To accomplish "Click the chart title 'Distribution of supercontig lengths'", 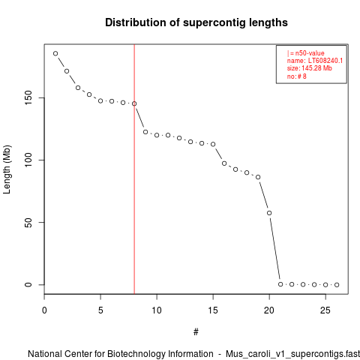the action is pyautogui.click(x=196, y=22).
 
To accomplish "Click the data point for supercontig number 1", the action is pyautogui.click(x=55, y=53).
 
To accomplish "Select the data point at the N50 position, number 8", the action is pyautogui.click(x=134, y=103).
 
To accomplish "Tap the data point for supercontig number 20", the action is pyautogui.click(x=269, y=213).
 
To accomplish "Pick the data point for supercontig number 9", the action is pyautogui.click(x=145, y=132).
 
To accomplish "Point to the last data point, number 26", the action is pyautogui.click(x=337, y=285).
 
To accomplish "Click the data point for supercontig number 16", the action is pyautogui.click(x=224, y=163).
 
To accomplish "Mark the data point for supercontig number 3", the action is pyautogui.click(x=78, y=88).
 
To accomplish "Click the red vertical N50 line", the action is pyautogui.click(x=134, y=169).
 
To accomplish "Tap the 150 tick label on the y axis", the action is pyautogui.click(x=28, y=97).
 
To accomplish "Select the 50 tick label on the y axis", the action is pyautogui.click(x=28, y=223).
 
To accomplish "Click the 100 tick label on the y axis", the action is pyautogui.click(x=28, y=160).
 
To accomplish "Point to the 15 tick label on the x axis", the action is pyautogui.click(x=213, y=310).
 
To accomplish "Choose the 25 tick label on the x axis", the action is pyautogui.click(x=325, y=310).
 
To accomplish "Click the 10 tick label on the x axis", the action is pyautogui.click(x=157, y=310).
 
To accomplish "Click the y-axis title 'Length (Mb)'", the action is pyautogui.click(x=7, y=169).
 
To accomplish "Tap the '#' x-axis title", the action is pyautogui.click(x=196, y=332).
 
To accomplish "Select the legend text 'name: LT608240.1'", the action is pyautogui.click(x=315, y=61).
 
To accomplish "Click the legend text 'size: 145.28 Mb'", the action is pyautogui.click(x=310, y=68).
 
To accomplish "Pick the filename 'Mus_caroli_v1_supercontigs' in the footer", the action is pyautogui.click(x=284, y=354).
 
